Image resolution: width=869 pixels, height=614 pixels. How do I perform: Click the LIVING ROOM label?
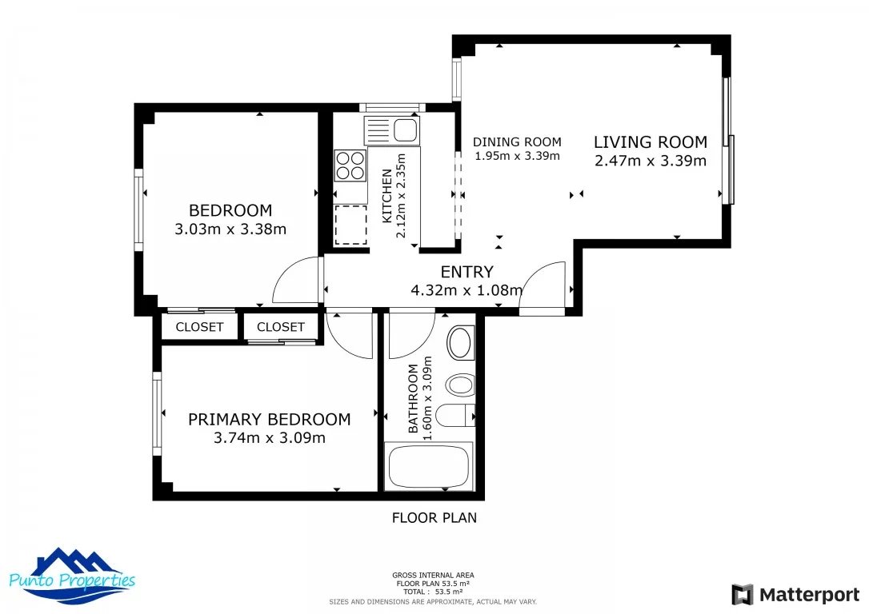[x=651, y=142]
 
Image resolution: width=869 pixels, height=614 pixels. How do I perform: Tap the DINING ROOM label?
[x=517, y=142]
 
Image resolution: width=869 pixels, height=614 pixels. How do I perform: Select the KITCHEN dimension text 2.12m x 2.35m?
[x=401, y=195]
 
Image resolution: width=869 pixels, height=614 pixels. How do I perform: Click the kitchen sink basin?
[x=405, y=130]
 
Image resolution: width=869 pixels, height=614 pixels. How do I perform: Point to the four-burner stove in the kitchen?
[x=350, y=165]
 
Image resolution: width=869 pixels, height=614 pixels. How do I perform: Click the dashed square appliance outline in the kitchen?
[x=350, y=225]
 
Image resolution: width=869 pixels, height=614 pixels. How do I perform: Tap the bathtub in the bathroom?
[x=429, y=466]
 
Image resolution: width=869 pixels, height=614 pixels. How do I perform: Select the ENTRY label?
[x=467, y=272]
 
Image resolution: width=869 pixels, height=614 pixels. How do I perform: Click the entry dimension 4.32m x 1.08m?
[x=467, y=289]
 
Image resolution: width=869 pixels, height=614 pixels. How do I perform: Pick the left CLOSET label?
[x=199, y=327]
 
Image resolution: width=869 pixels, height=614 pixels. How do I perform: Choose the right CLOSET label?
[x=280, y=327]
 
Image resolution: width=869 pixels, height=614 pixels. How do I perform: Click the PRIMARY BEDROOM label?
[x=270, y=419]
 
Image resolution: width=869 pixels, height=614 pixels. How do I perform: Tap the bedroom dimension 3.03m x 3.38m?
[x=230, y=229]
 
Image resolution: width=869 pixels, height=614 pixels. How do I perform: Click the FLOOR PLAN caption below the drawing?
[x=434, y=518]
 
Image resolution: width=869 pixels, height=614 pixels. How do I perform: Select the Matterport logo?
[x=795, y=595]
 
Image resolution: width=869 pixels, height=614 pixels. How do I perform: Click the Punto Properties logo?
[x=73, y=576]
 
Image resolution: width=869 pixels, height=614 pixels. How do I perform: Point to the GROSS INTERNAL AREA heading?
[x=434, y=576]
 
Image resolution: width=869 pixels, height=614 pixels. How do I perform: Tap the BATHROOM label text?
[x=413, y=399]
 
